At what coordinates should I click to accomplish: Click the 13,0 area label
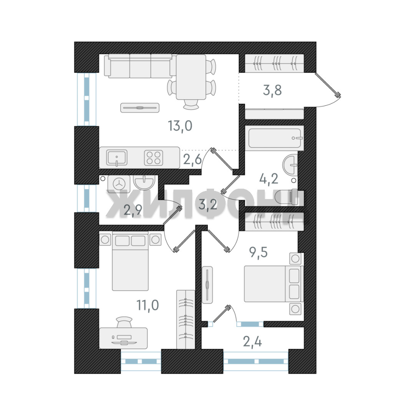click(x=180, y=126)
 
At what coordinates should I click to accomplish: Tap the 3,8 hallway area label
click(x=272, y=90)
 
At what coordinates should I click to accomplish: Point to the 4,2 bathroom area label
click(x=269, y=179)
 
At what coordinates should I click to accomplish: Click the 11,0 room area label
click(x=148, y=305)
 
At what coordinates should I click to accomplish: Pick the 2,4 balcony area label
click(x=252, y=342)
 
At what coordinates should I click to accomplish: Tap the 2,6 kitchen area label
click(x=193, y=159)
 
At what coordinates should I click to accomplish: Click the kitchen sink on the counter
click(x=117, y=158)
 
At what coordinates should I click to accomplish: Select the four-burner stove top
click(x=153, y=158)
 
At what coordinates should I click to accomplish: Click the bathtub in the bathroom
click(x=274, y=138)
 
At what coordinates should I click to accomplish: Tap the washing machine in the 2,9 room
click(x=119, y=183)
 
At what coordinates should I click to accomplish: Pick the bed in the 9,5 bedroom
click(x=274, y=284)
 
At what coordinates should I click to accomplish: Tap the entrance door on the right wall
click(x=328, y=85)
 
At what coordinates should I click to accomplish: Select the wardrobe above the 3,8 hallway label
click(x=274, y=63)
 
